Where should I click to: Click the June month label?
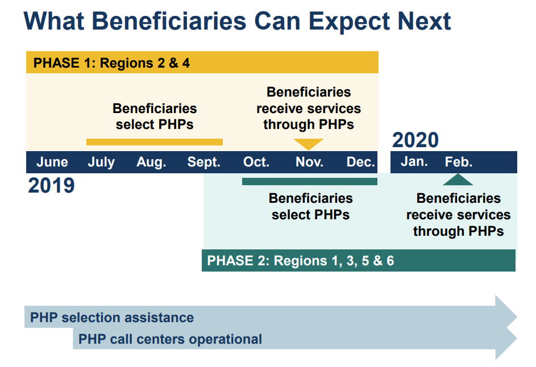(52, 162)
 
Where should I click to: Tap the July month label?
(101, 162)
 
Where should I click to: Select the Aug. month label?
(151, 162)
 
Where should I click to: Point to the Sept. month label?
(203, 162)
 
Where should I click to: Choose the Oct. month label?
(256, 162)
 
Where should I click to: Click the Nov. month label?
(309, 162)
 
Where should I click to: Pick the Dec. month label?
(360, 162)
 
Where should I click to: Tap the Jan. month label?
(414, 162)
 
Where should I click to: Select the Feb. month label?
(458, 162)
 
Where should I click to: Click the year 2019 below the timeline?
(51, 186)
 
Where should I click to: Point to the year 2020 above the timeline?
(415, 140)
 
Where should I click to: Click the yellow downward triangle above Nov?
(308, 144)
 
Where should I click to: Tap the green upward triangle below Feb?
(458, 180)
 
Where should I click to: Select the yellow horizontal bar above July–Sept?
(155, 142)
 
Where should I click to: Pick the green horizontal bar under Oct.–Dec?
(310, 181)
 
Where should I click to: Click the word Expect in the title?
(350, 22)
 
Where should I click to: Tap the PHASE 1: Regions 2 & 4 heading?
(111, 63)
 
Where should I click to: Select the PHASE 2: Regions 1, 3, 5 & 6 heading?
(301, 261)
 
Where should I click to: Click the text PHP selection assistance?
(112, 318)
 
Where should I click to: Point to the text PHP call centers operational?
(170, 339)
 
